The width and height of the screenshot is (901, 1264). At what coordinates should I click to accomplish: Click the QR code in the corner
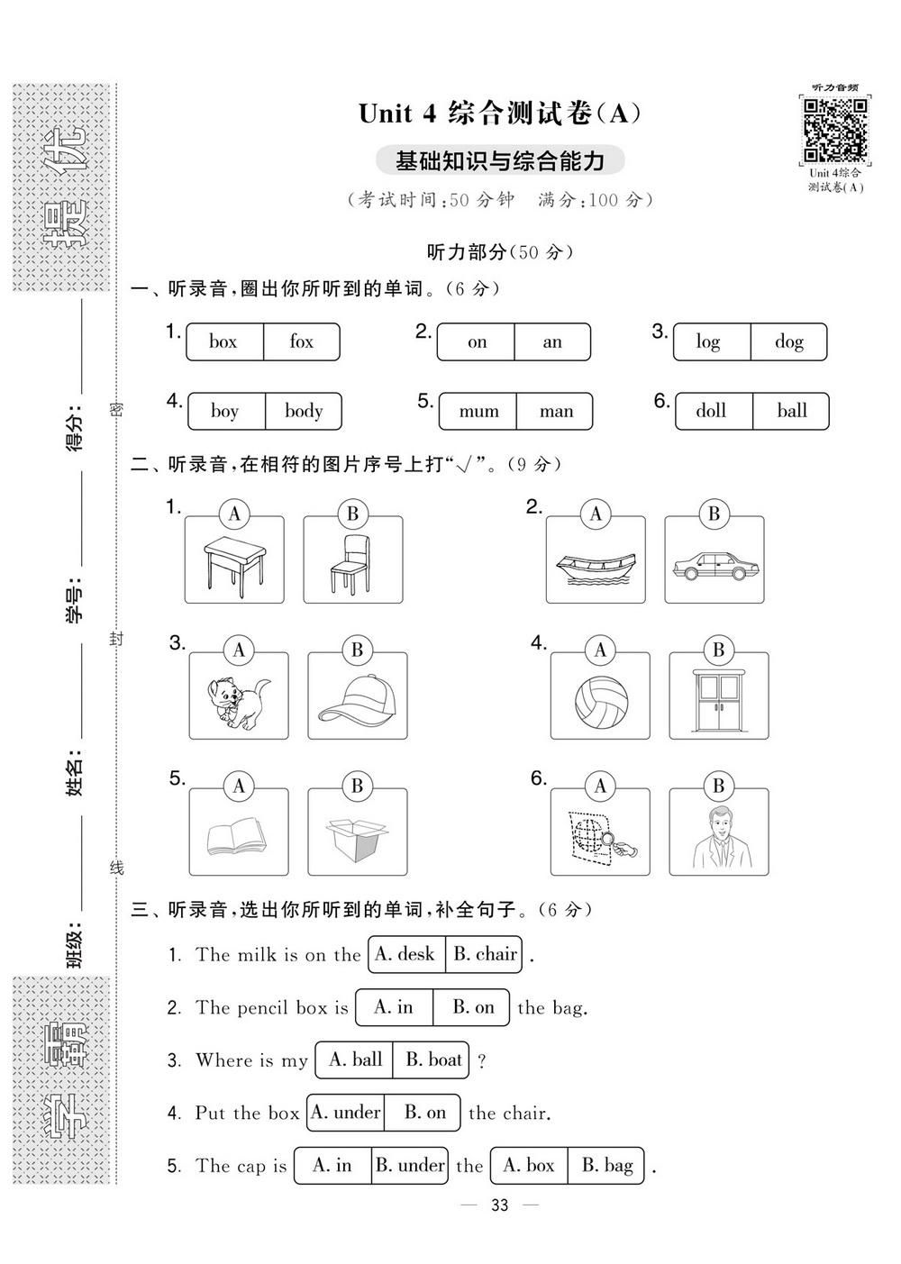tap(835, 130)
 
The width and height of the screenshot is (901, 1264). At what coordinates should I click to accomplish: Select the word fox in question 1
tap(301, 341)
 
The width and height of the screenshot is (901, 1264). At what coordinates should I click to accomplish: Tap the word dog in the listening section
tap(788, 342)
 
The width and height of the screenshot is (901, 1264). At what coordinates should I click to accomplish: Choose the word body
tap(304, 411)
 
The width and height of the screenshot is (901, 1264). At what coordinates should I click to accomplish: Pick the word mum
tap(478, 412)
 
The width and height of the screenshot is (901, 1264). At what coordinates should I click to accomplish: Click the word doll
tap(711, 410)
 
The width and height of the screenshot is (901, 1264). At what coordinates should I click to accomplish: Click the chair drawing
tap(350, 564)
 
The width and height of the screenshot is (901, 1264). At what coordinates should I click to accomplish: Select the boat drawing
tap(596, 568)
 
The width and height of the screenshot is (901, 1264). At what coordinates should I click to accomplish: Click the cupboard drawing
tap(718, 701)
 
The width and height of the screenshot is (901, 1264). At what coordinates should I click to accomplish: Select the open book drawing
tap(236, 836)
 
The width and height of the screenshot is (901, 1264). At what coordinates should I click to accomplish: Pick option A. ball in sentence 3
tap(355, 1059)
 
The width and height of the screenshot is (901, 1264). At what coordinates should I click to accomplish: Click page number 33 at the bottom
tap(500, 1205)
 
